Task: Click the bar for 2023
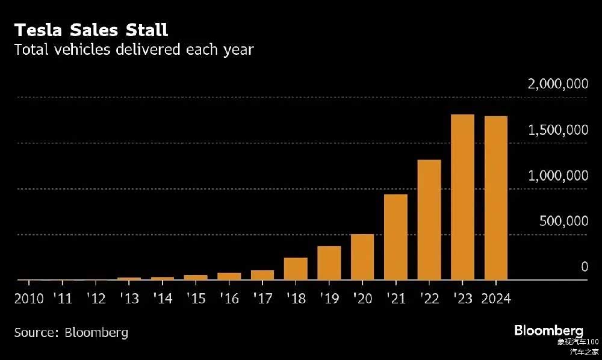462,197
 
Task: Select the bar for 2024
495,198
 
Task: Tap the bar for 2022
429,220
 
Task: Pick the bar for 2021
396,237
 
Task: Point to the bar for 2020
362,257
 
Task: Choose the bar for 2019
329,263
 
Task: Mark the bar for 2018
296,269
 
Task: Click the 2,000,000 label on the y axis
557,84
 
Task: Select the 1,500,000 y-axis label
557,130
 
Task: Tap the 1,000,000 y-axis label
557,176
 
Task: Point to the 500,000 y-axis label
563,222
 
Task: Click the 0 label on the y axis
584,267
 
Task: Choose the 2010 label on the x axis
29,299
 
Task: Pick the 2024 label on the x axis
495,299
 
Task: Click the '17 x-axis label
262,299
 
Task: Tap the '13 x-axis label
129,299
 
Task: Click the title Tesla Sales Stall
91,29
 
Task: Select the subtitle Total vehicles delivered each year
134,49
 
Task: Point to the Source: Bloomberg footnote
71,332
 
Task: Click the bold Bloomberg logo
548,331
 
